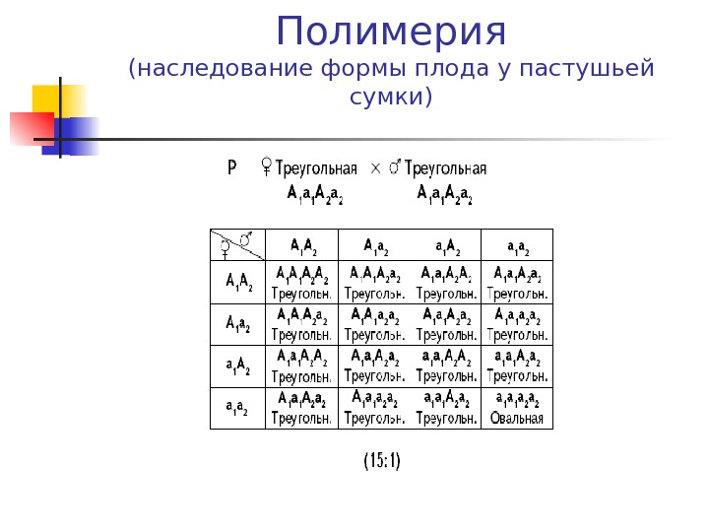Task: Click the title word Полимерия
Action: point(391,32)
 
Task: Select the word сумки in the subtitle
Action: point(386,98)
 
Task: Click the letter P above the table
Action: point(232,167)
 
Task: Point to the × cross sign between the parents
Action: point(374,168)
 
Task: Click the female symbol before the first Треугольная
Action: point(265,168)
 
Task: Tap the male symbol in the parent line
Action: point(395,168)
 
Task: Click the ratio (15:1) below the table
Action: point(382,460)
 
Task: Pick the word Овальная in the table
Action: point(517,418)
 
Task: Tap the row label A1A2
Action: point(239,282)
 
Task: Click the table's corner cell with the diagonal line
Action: point(237,243)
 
